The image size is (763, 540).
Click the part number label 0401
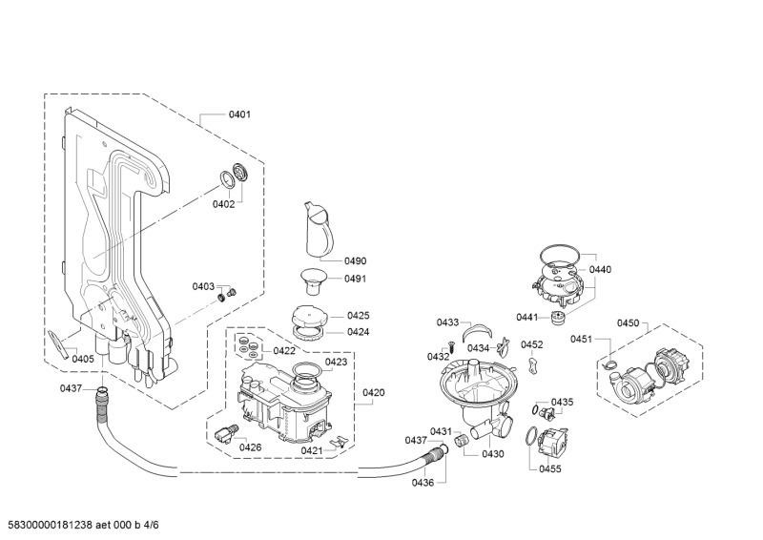[x=239, y=114]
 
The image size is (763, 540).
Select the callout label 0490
[x=355, y=261]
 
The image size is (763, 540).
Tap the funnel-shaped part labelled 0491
[x=313, y=280]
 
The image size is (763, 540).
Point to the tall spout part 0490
[x=319, y=228]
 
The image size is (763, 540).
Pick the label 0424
[x=359, y=332]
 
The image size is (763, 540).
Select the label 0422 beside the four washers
[x=284, y=351]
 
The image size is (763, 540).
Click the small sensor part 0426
[x=226, y=433]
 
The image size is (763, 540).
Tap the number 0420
[x=373, y=392]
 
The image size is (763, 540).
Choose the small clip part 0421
[x=339, y=441]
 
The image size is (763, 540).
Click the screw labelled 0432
[x=450, y=347]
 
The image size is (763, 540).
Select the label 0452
[x=532, y=344]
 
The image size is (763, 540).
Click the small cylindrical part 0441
[x=557, y=318]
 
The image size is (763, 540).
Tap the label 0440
[x=600, y=270]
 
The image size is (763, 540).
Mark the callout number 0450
[x=628, y=323]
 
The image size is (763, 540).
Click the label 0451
[x=581, y=340]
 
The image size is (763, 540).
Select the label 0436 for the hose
[x=423, y=483]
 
